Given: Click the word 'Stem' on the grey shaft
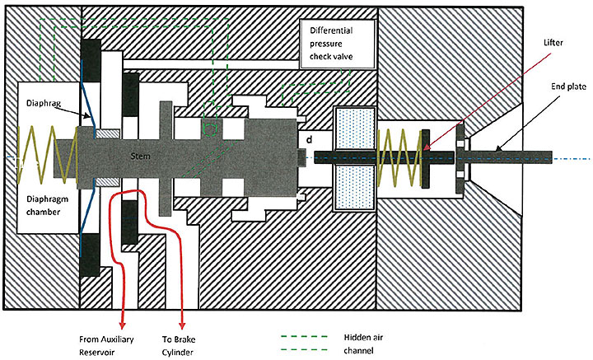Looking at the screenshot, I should coord(142,155).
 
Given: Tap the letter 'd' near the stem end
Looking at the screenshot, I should coord(309,141).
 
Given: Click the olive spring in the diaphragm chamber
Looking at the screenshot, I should coord(37,157).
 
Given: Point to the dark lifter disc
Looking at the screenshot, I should coord(426,157).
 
